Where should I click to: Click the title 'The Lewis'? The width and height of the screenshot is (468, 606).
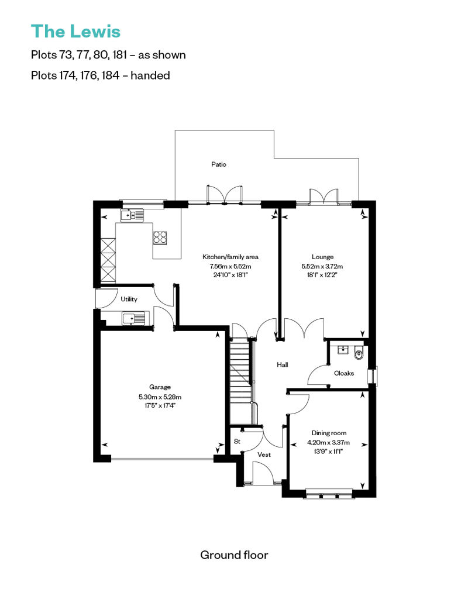75,32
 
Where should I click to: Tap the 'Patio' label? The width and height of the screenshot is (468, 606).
219,164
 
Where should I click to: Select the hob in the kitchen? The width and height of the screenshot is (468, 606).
160,237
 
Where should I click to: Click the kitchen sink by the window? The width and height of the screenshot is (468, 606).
132,215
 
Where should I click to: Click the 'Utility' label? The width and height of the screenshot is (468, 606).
129,299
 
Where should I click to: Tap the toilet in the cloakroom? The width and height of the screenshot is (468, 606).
359,353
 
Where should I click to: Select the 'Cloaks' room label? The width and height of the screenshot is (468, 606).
344,373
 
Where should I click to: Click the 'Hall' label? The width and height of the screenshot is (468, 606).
283,364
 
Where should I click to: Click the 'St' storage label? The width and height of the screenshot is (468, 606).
238,442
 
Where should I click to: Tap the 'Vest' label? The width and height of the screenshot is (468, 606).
264,455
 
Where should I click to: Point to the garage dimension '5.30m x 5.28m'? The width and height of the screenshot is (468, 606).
160,397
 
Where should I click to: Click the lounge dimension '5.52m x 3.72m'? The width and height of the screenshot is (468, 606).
322,266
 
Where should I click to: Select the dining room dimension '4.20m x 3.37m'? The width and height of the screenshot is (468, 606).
329,443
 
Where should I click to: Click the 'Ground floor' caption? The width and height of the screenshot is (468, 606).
234,555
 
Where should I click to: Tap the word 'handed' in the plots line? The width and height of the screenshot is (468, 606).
150,75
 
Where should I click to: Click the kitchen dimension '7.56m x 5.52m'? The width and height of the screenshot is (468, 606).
230,266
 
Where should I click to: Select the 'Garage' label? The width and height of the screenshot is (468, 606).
160,387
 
